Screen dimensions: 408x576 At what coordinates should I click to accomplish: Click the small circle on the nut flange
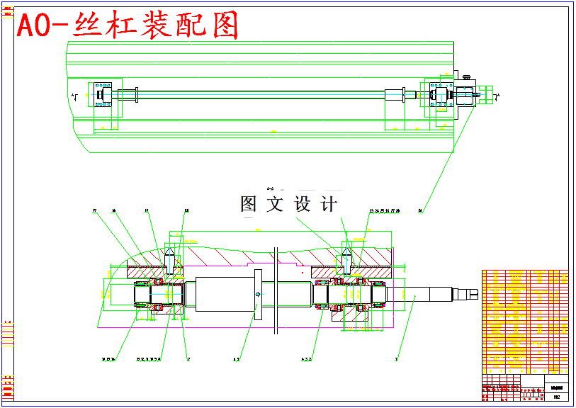click(x=257, y=293)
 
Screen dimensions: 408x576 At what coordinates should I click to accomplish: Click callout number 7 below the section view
click(x=188, y=359)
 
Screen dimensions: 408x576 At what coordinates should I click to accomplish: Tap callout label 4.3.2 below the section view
click(x=307, y=359)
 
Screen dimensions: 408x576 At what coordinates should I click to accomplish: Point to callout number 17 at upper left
click(x=94, y=210)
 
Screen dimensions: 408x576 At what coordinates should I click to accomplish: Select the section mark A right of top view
click(x=498, y=95)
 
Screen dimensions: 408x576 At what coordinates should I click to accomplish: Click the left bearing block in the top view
click(x=103, y=95)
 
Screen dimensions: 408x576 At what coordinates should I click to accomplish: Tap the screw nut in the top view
click(x=394, y=95)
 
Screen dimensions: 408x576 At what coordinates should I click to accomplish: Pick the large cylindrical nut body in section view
click(x=221, y=293)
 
